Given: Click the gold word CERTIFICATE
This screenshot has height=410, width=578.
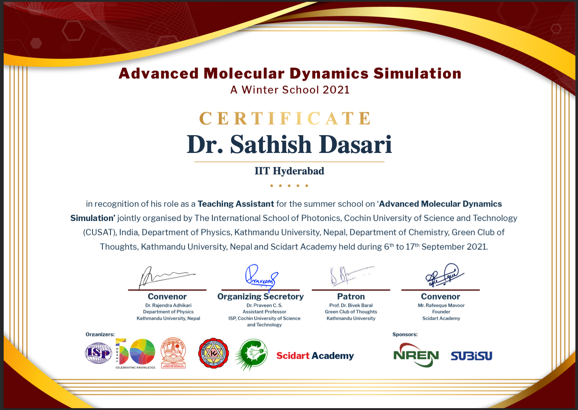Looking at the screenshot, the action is coord(285,118).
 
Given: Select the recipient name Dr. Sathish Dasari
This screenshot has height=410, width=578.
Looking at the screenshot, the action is coord(289,144).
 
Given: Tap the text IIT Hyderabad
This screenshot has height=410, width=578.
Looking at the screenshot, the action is coord(289,171).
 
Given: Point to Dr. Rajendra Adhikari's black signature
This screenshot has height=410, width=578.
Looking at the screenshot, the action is coord(166,277).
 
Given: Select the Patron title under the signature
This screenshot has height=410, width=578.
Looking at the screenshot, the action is coord(351,296).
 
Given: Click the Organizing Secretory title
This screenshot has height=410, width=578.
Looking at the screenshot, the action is coord(260,297).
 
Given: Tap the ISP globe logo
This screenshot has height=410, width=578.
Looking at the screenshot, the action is coord(98,353).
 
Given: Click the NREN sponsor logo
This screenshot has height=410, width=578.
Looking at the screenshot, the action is coord(416,355).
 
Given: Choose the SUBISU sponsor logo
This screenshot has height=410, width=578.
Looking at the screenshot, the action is coord(471,356).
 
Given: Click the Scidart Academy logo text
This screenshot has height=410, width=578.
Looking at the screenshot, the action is coord(315,356).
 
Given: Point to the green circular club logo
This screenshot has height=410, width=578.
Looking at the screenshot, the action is coord(251,354).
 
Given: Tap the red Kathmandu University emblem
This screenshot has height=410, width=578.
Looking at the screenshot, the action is coord(213,353).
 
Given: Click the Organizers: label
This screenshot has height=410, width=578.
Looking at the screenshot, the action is coord(100,334).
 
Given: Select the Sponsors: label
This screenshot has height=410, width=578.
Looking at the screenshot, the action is coord(405,334).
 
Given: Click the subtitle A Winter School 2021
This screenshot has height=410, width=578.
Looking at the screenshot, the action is coord(289,90).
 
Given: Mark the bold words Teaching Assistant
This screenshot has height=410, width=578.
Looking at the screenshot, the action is coord(236,204).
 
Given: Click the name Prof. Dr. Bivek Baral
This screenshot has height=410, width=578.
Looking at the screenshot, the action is coord(351,305).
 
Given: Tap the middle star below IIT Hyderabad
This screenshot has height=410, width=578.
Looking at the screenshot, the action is coord(289,186).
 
